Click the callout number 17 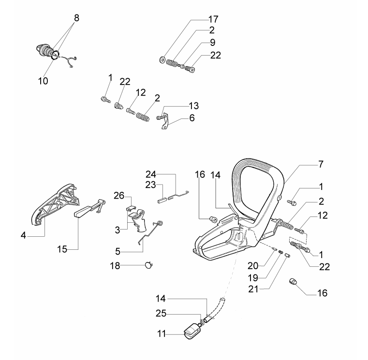coord(213,19)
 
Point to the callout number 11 coord(162,333)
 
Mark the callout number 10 coord(44,81)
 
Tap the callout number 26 coord(119,196)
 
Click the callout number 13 coord(193,105)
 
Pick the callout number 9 coord(213,43)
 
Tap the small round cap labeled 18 coord(148,264)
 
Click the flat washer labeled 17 coord(162,60)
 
